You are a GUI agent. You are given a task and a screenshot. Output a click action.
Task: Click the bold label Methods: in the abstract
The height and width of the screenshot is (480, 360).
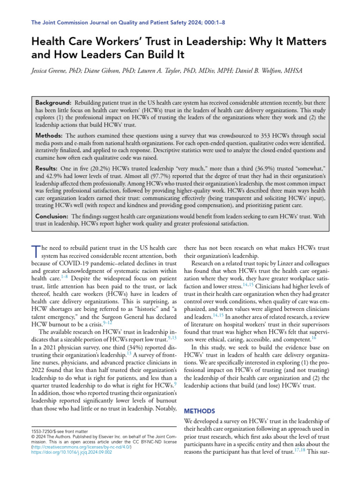(50, 135)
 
